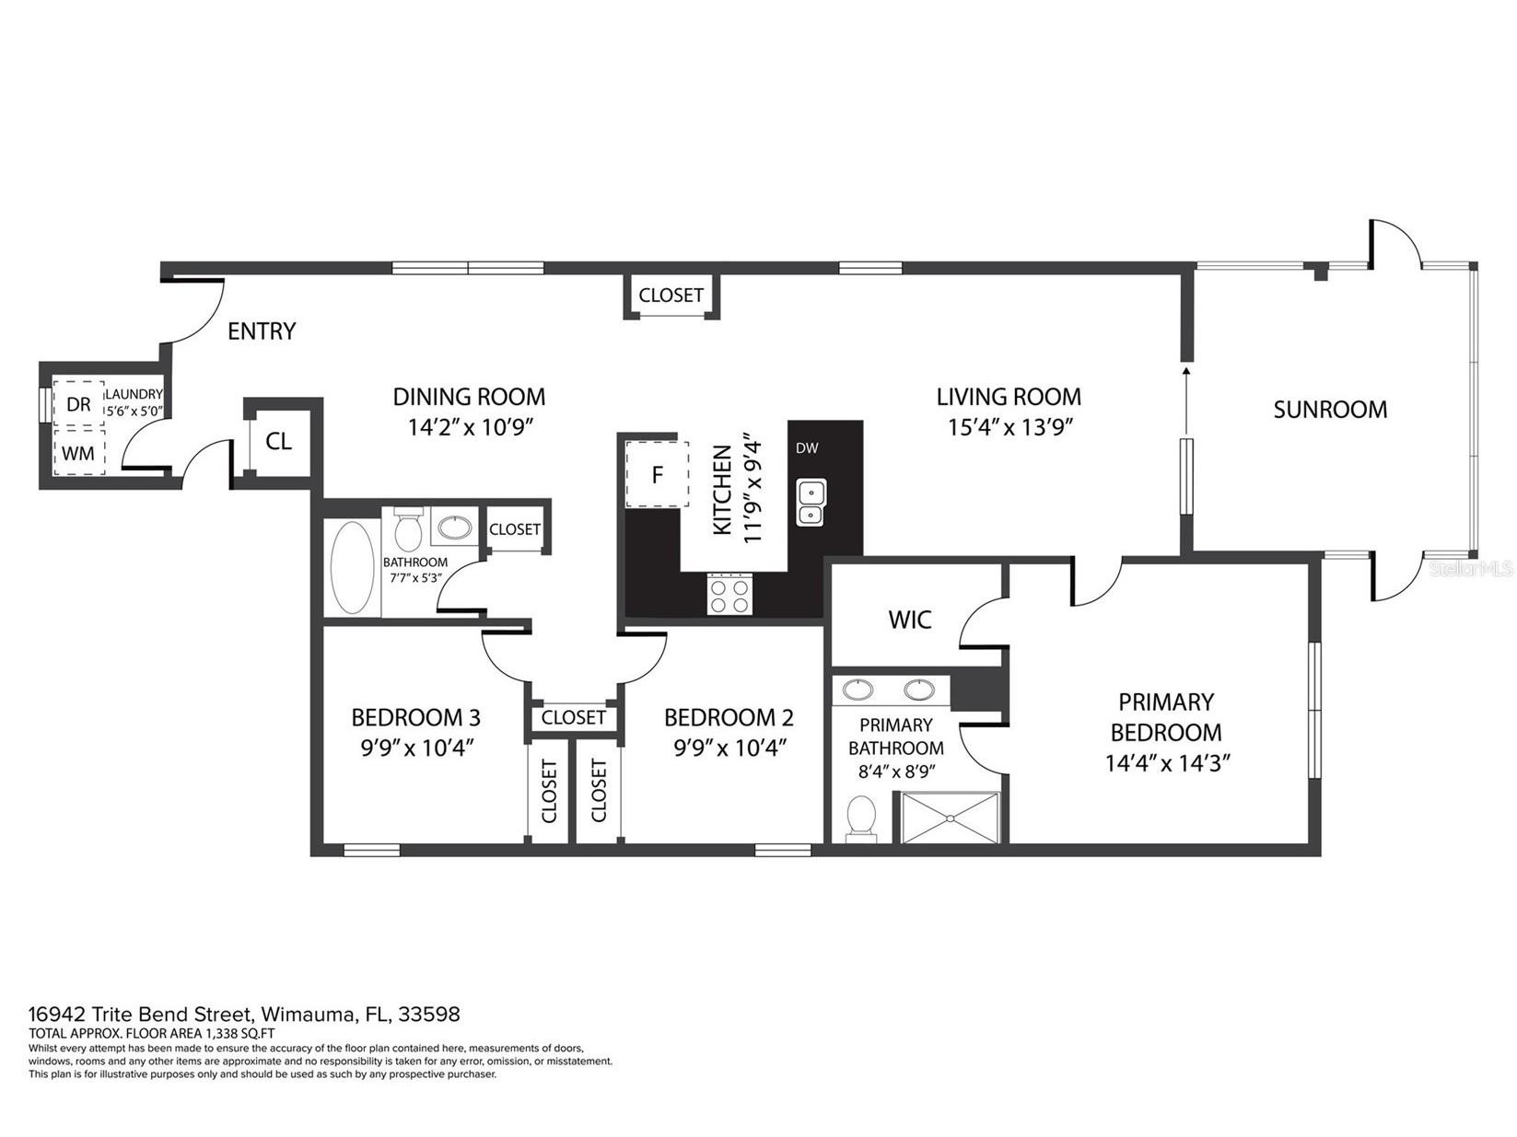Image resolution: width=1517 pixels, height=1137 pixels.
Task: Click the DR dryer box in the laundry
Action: point(78,404)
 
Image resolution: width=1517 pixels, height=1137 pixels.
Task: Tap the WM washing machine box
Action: point(78,453)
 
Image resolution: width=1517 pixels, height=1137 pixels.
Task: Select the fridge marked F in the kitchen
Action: point(657,475)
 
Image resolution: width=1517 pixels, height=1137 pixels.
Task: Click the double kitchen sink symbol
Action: point(811,503)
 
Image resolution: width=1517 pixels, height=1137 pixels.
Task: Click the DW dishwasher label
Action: point(807,448)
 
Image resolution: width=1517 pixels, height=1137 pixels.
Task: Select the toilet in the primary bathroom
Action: point(862,818)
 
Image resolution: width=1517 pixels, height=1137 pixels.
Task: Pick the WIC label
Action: point(909,620)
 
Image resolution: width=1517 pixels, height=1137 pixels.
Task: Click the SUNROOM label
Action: point(1329,410)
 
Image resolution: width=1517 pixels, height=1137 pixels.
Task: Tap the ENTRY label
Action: point(262,331)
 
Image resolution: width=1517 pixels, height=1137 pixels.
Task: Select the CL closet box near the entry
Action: point(278,442)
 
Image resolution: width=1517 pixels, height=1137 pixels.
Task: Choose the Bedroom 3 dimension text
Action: point(416,748)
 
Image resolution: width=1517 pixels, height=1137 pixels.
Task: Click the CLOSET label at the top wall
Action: point(671,296)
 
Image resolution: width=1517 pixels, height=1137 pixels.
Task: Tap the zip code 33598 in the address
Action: point(429,1015)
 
